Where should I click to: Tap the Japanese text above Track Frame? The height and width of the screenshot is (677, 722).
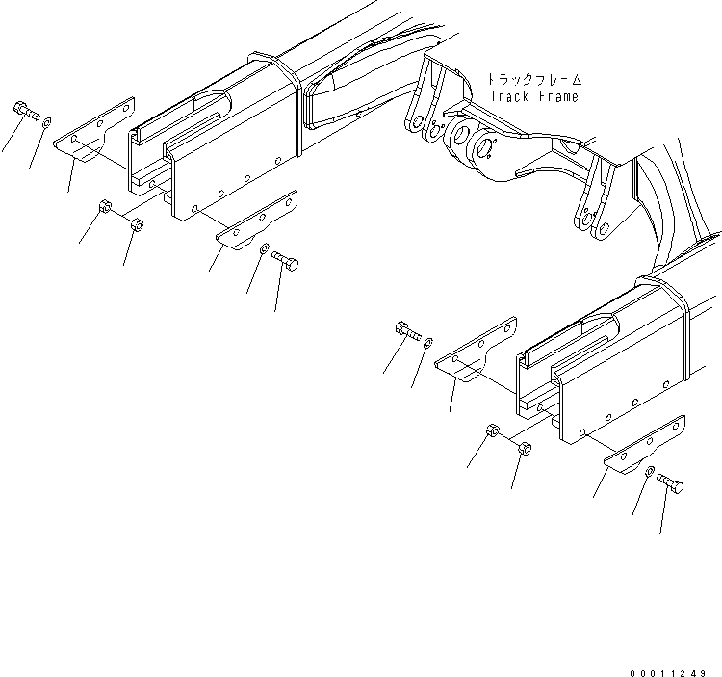click(535, 80)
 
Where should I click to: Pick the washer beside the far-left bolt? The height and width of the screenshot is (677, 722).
click(47, 121)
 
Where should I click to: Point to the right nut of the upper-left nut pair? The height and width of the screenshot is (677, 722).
click(137, 225)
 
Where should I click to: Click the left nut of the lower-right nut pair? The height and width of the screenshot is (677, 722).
click(492, 430)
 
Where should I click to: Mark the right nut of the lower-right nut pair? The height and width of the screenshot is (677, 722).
click(525, 448)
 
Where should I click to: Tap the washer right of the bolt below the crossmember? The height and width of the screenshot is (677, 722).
click(429, 341)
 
